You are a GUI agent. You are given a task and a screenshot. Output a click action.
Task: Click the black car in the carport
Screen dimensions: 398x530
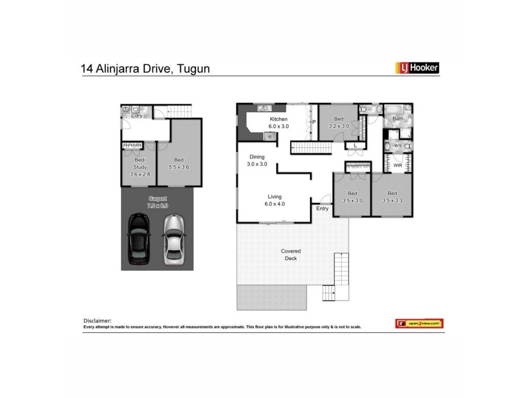139,238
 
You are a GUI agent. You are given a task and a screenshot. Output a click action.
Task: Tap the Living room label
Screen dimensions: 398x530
274,197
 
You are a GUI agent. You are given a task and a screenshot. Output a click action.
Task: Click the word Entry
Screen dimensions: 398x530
322,209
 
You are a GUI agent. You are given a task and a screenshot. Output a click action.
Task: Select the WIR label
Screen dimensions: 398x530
398,165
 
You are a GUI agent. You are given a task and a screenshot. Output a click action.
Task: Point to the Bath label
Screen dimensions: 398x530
397,119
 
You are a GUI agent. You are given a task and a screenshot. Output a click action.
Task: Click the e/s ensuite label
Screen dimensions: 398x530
398,145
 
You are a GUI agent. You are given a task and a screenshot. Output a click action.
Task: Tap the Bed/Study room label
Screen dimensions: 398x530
139,163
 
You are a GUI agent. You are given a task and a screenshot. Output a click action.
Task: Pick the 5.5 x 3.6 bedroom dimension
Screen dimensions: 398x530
179,167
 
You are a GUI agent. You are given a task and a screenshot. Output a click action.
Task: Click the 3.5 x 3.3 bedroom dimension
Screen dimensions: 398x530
392,200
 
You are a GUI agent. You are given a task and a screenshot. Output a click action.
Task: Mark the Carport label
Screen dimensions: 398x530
157,198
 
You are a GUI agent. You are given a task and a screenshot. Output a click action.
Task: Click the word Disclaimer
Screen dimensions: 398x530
97,320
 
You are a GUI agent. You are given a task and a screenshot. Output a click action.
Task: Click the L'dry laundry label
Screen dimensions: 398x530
138,117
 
